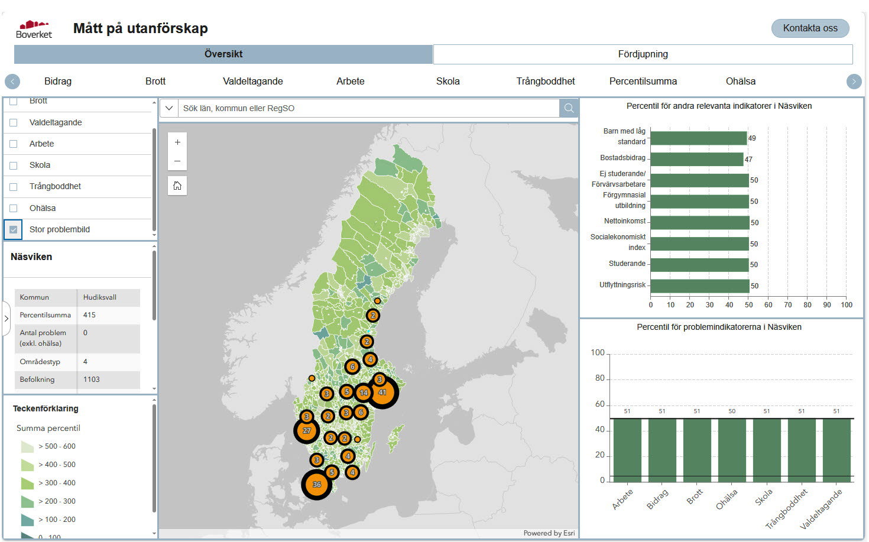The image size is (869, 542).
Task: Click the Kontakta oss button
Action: (x=810, y=28)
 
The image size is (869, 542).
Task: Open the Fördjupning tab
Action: (x=643, y=54)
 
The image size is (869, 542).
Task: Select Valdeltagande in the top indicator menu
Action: (x=252, y=82)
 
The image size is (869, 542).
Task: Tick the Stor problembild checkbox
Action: (x=14, y=230)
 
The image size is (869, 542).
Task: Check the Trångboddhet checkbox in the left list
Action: (x=14, y=187)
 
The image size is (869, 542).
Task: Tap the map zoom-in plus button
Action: (x=177, y=142)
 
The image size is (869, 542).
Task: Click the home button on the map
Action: (x=177, y=186)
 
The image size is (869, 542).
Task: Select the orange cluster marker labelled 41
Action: (x=382, y=392)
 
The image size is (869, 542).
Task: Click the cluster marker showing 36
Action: (x=317, y=485)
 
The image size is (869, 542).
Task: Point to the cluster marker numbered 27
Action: (x=307, y=431)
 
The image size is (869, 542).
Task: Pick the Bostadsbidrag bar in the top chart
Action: (x=696, y=159)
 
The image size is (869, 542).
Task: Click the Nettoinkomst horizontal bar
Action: (x=699, y=223)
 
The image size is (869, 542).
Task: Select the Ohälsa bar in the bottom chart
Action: (x=732, y=449)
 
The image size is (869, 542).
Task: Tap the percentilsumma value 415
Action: (x=90, y=315)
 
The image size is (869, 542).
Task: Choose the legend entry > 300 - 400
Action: (x=57, y=483)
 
